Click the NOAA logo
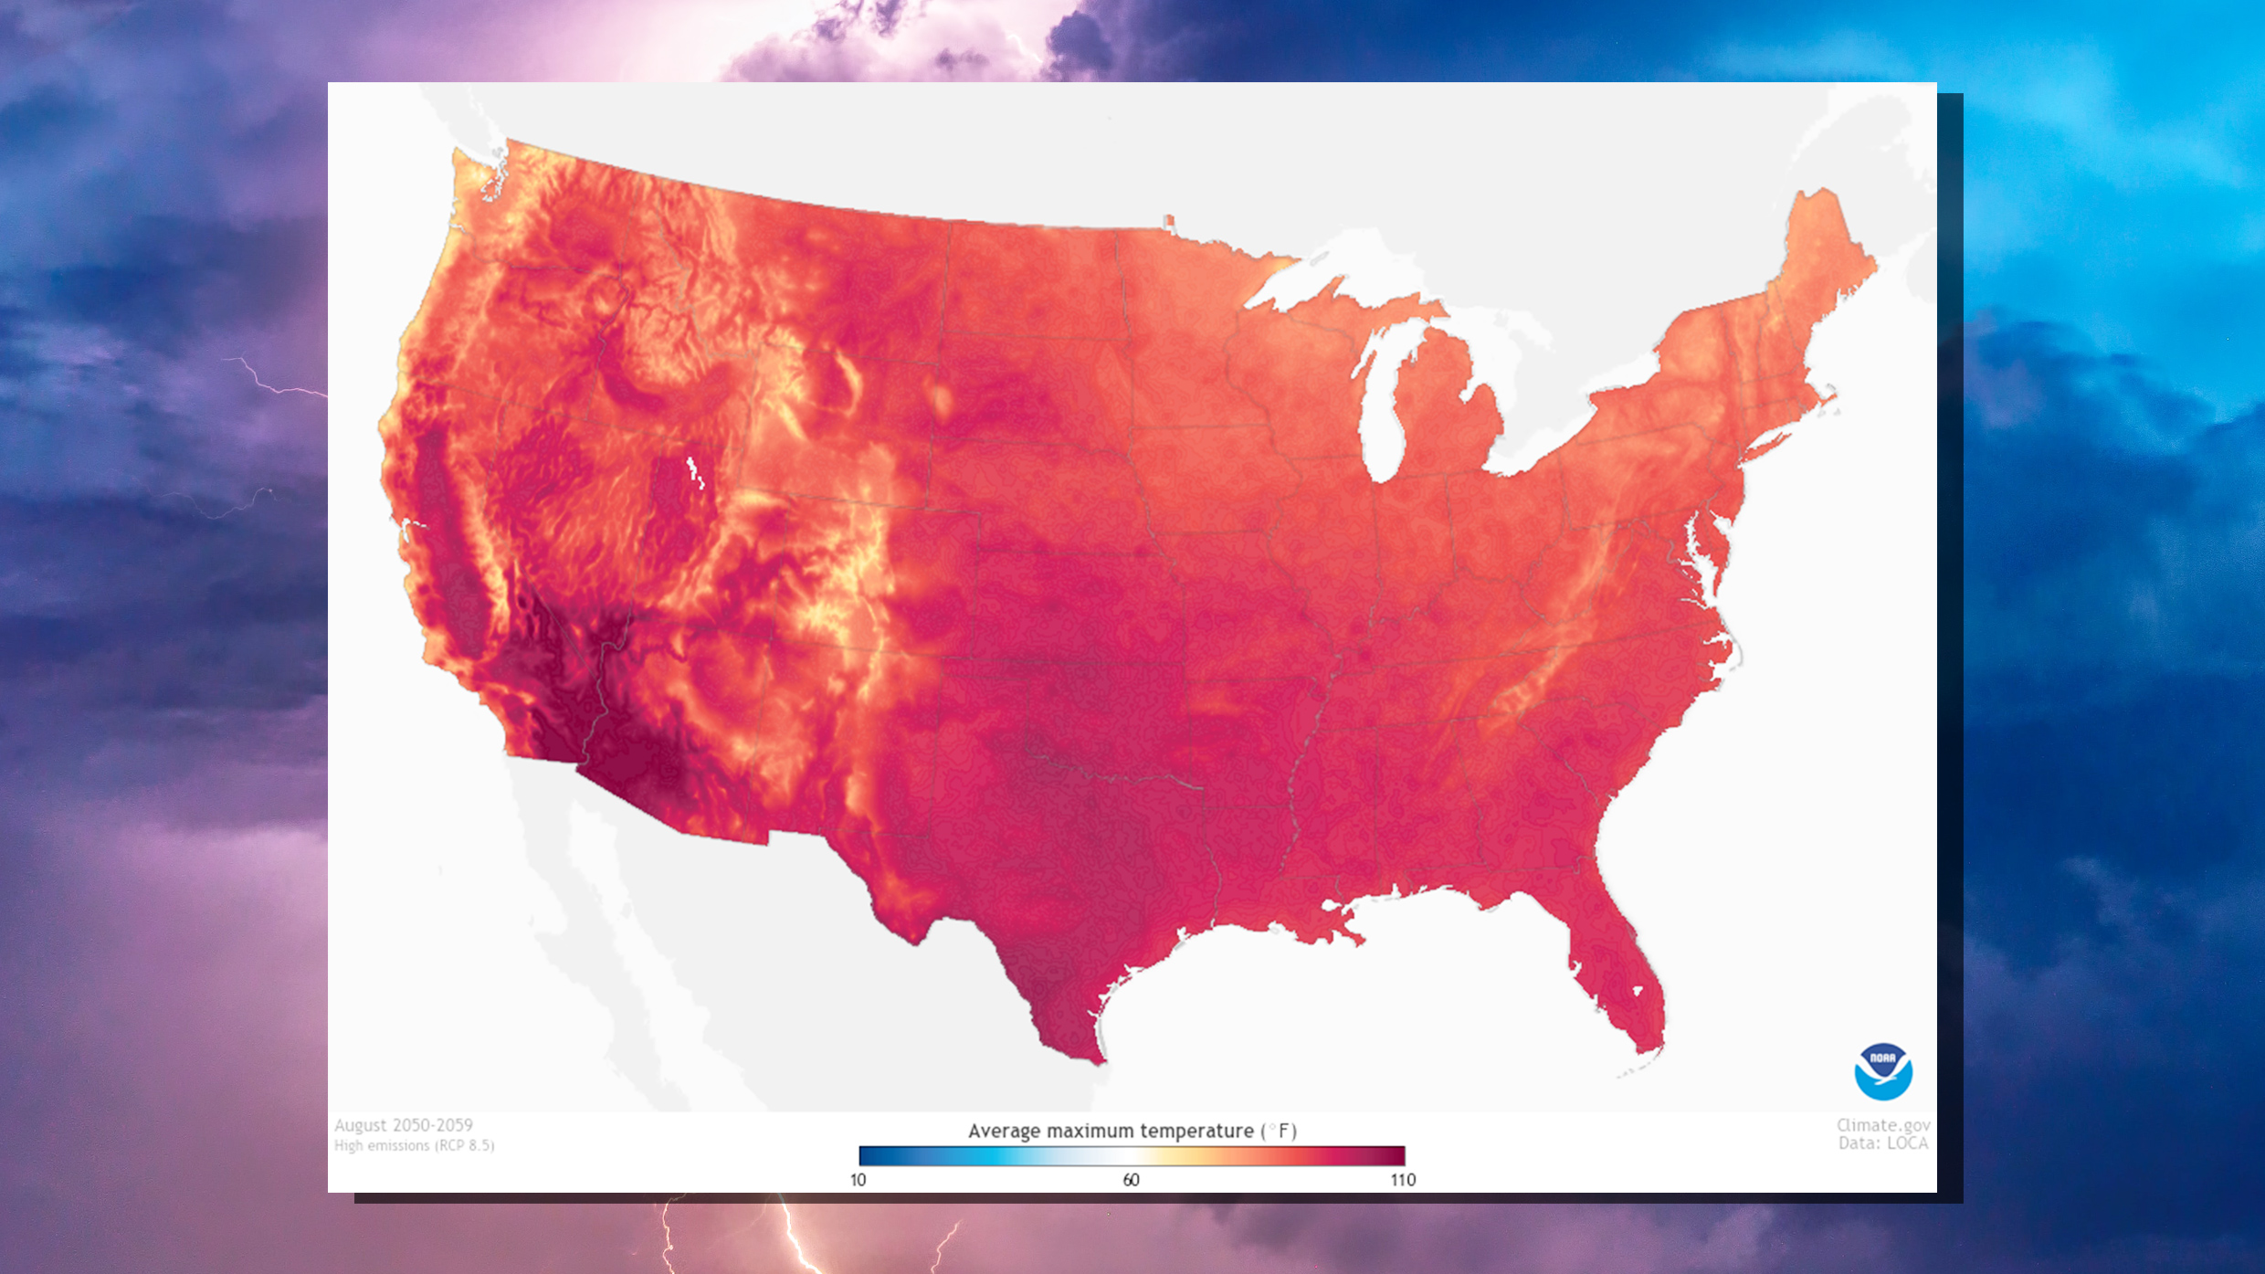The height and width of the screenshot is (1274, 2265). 1882,1071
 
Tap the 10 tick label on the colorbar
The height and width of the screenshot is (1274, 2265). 858,1180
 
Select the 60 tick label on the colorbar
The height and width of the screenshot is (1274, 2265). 1131,1180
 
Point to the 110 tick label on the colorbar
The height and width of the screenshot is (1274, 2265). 1403,1180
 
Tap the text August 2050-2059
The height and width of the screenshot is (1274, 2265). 404,1125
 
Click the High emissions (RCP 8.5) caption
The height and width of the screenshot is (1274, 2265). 414,1145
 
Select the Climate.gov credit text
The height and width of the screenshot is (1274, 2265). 1883,1125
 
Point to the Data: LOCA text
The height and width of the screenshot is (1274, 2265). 1883,1143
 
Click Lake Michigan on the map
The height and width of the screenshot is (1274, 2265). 1384,402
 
